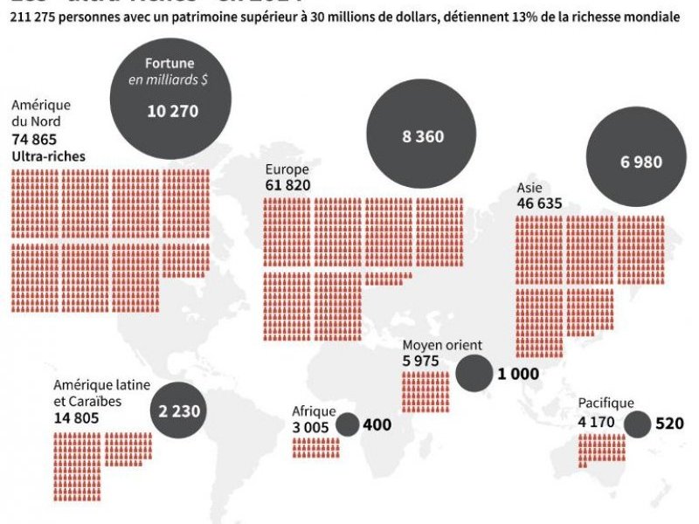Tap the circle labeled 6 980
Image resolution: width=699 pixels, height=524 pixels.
(641, 162)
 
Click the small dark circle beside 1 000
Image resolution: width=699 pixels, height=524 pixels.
(474, 374)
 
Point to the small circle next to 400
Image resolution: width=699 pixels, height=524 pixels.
(348, 425)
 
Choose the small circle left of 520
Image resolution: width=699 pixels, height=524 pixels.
(637, 425)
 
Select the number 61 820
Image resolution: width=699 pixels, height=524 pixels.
(287, 186)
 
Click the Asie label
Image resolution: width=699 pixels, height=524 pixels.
(529, 188)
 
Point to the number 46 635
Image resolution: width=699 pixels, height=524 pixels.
(538, 203)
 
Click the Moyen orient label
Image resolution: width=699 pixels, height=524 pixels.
(442, 345)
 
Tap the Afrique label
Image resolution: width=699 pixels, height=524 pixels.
(313, 410)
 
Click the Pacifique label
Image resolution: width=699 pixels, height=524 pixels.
(606, 403)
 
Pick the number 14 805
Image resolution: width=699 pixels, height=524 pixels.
(76, 417)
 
